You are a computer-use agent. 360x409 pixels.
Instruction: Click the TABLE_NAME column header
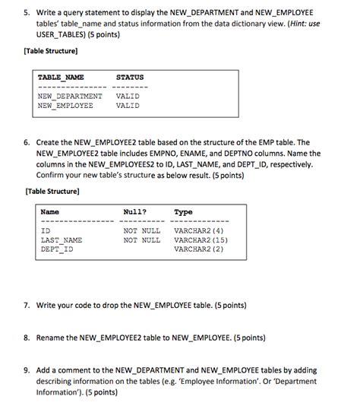[61, 78]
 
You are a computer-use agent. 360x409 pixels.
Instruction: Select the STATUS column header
[130, 78]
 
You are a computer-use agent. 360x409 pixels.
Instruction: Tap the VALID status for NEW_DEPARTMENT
[128, 97]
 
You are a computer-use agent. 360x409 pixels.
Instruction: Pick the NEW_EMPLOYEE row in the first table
[65, 106]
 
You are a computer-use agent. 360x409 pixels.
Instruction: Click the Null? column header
[135, 212]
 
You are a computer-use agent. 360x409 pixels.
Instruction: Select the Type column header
[183, 212]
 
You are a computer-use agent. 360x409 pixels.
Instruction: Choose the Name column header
[50, 212]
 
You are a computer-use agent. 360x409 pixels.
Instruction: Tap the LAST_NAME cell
[61, 239]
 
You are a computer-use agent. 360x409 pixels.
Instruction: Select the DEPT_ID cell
[57, 249]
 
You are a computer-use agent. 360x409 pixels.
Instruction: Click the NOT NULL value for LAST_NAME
[142, 239]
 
